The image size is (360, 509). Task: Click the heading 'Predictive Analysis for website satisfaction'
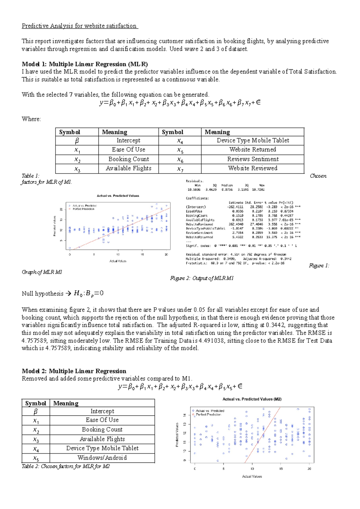79,26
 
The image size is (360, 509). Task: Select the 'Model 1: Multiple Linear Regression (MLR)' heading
85,64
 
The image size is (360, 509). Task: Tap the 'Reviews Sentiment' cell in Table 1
253,159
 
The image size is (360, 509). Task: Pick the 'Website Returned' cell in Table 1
253,149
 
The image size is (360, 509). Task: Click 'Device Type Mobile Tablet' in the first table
253,140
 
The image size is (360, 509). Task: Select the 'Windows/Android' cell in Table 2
102,458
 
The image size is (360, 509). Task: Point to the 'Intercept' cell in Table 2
102,411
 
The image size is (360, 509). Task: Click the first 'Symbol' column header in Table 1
70,132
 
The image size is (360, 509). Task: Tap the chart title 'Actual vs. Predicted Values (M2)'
252,399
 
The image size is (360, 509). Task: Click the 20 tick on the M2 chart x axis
309,468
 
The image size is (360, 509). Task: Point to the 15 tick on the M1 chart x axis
142,254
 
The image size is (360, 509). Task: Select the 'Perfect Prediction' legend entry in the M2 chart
208,414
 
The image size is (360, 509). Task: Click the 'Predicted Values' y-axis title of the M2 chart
177,435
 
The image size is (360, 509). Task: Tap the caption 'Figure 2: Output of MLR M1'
202,278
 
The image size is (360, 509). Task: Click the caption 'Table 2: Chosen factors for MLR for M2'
66,466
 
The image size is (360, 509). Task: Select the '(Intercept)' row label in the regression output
196,207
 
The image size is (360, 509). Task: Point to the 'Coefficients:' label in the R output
197,198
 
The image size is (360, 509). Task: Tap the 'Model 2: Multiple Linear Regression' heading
74,371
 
